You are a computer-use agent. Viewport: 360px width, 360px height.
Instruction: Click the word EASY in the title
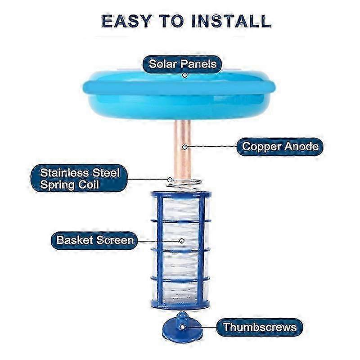[126, 21]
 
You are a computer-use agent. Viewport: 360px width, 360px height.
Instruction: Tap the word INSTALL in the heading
[231, 21]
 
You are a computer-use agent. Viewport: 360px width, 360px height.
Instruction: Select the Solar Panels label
[183, 64]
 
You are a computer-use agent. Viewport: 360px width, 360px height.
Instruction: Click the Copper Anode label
[280, 147]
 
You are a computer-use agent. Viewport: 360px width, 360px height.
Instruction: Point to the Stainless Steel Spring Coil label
[80, 178]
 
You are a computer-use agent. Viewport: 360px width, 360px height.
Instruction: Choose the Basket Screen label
[95, 240]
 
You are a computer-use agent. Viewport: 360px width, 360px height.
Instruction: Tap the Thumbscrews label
[260, 327]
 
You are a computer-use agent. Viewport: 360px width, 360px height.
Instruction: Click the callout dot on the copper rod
[184, 147]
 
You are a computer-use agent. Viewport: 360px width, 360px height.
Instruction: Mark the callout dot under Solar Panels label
[184, 75]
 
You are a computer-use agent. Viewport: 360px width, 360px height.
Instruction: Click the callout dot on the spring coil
[170, 179]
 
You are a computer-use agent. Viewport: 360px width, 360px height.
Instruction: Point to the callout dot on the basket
[182, 241]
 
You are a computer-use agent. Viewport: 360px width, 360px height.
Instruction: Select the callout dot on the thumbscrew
[182, 327]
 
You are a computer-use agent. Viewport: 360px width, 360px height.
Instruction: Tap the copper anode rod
[183, 149]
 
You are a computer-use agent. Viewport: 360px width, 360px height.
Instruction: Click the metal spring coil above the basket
[184, 184]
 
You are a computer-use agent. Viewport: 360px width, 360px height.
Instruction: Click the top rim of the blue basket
[180, 194]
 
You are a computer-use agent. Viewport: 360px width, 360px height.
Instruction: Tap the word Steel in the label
[106, 173]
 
